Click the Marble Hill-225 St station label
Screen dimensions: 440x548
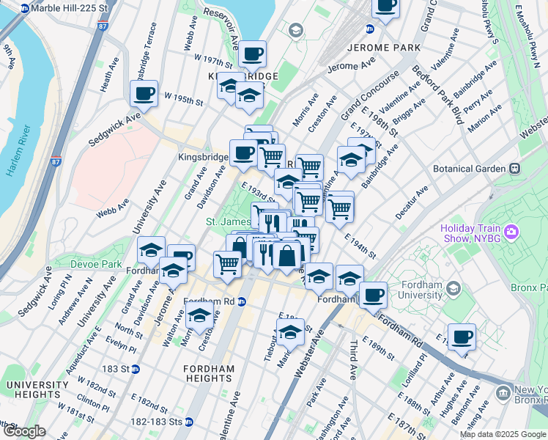pos(70,8)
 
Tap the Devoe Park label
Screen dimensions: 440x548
pos(96,263)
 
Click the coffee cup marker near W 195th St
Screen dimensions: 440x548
pos(144,94)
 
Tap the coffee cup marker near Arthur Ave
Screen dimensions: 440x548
pos(462,337)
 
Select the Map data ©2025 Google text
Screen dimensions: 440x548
pos(503,434)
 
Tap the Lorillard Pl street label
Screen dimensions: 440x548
pos(412,374)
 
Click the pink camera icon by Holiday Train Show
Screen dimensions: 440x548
pos(511,232)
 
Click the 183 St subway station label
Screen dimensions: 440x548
pos(120,368)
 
